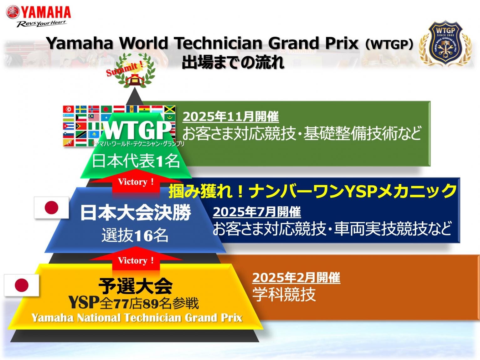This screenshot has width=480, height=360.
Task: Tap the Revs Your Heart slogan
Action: click(x=41, y=23)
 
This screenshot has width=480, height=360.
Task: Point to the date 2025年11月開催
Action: click(x=230, y=116)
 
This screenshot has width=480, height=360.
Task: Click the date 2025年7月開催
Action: click(x=257, y=212)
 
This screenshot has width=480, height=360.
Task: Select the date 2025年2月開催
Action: click(x=296, y=278)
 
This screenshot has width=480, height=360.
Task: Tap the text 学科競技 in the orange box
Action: click(x=284, y=295)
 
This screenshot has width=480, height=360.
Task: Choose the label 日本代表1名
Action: click(x=136, y=161)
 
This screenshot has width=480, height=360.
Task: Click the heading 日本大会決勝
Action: click(x=136, y=213)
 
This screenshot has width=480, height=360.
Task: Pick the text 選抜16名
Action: click(x=135, y=235)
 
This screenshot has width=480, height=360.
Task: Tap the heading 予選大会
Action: click(x=135, y=286)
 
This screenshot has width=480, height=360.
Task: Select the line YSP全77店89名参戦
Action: click(x=134, y=303)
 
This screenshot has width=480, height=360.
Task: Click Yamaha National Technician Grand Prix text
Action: click(x=137, y=318)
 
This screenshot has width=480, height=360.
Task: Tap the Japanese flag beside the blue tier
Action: click(x=52, y=208)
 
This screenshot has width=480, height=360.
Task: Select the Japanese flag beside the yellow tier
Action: click(x=22, y=285)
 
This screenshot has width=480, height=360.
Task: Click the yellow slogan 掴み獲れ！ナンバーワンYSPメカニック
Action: click(x=312, y=191)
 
